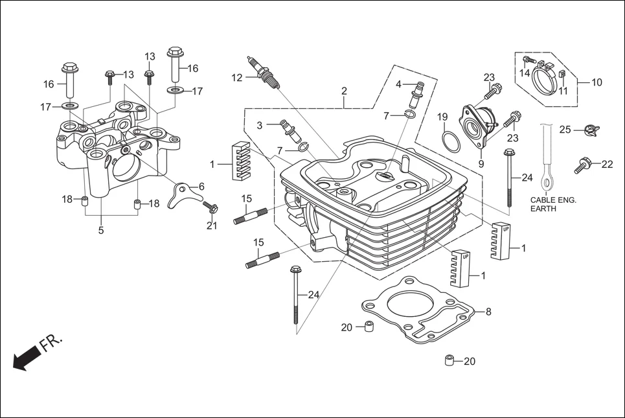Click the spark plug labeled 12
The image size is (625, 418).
click(x=264, y=73)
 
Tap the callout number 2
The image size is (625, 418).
click(x=344, y=91)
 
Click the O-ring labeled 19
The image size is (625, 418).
click(x=451, y=140)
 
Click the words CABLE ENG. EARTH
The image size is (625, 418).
click(x=552, y=205)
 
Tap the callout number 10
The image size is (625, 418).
click(x=597, y=82)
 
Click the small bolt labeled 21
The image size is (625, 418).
click(x=210, y=207)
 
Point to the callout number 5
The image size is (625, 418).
click(x=100, y=230)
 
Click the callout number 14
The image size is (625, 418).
click(x=525, y=73)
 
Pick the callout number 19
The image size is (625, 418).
click(x=442, y=117)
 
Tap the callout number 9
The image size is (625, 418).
click(x=481, y=164)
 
